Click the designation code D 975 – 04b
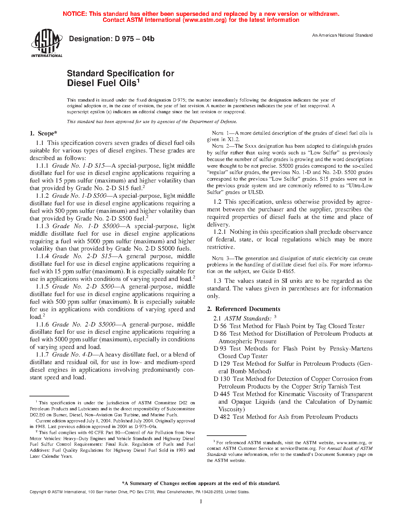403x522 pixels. pyautogui.click(x=112, y=39)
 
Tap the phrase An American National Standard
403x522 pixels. pyautogui.click(x=342, y=35)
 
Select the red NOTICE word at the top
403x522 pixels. pyautogui.click(x=75, y=14)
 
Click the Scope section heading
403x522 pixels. pyautogui.click(x=44, y=134)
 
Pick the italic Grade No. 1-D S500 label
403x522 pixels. pyautogui.click(x=79, y=196)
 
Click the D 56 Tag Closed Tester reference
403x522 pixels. pyautogui.click(x=289, y=326)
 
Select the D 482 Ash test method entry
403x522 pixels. pyautogui.click(x=285, y=417)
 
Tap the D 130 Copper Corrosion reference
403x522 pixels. pyautogui.click(x=293, y=379)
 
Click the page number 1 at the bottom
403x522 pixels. pyautogui.click(x=201, y=501)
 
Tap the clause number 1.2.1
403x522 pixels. pyautogui.click(x=220, y=232)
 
